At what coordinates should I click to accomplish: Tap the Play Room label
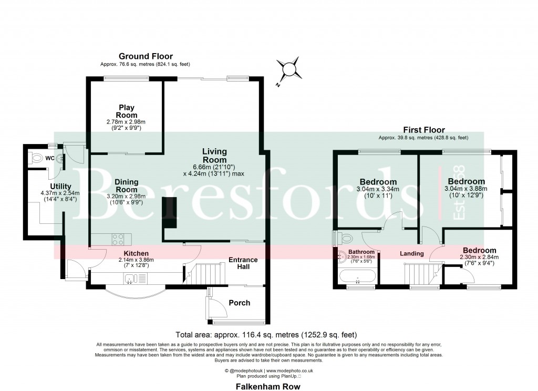126,111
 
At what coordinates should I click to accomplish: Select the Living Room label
214,156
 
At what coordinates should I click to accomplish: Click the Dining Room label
126,186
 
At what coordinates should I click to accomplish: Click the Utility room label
60,187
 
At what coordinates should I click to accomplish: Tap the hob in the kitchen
118,239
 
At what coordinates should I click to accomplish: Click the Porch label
239,303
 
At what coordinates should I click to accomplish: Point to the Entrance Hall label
243,263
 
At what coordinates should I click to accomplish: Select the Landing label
411,254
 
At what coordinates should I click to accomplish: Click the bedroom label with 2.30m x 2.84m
479,250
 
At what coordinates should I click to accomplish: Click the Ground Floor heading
146,56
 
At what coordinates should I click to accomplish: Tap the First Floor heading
423,130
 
